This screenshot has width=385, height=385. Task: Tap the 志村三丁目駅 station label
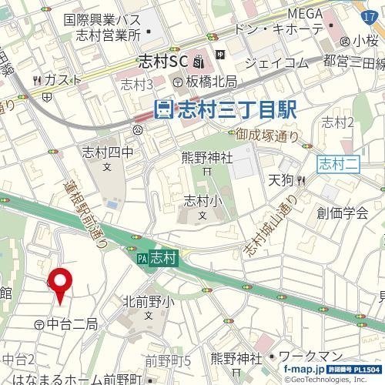[x=225, y=110]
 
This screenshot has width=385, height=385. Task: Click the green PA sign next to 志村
[x=142, y=259]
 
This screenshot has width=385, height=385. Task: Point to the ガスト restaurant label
[x=58, y=79]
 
